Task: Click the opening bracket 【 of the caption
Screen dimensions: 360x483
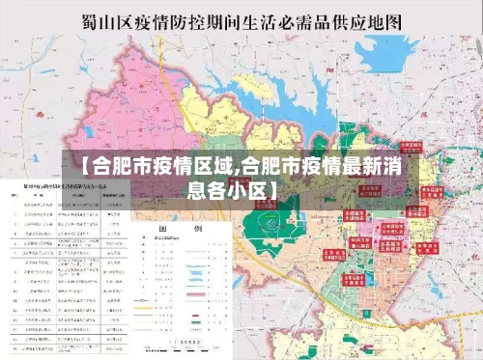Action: [72, 165]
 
